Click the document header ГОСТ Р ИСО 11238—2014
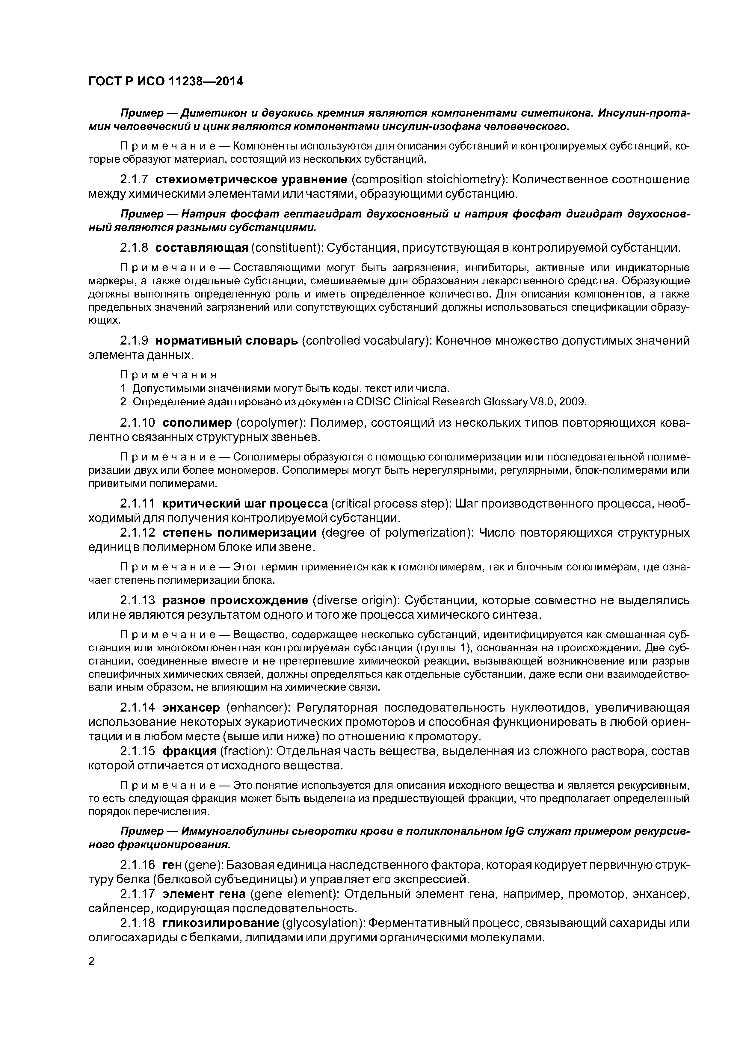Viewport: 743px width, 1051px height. [165, 81]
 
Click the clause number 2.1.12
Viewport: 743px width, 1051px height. [137, 533]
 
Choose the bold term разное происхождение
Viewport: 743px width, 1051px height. [235, 600]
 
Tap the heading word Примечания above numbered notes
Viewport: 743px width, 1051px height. [167, 375]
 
